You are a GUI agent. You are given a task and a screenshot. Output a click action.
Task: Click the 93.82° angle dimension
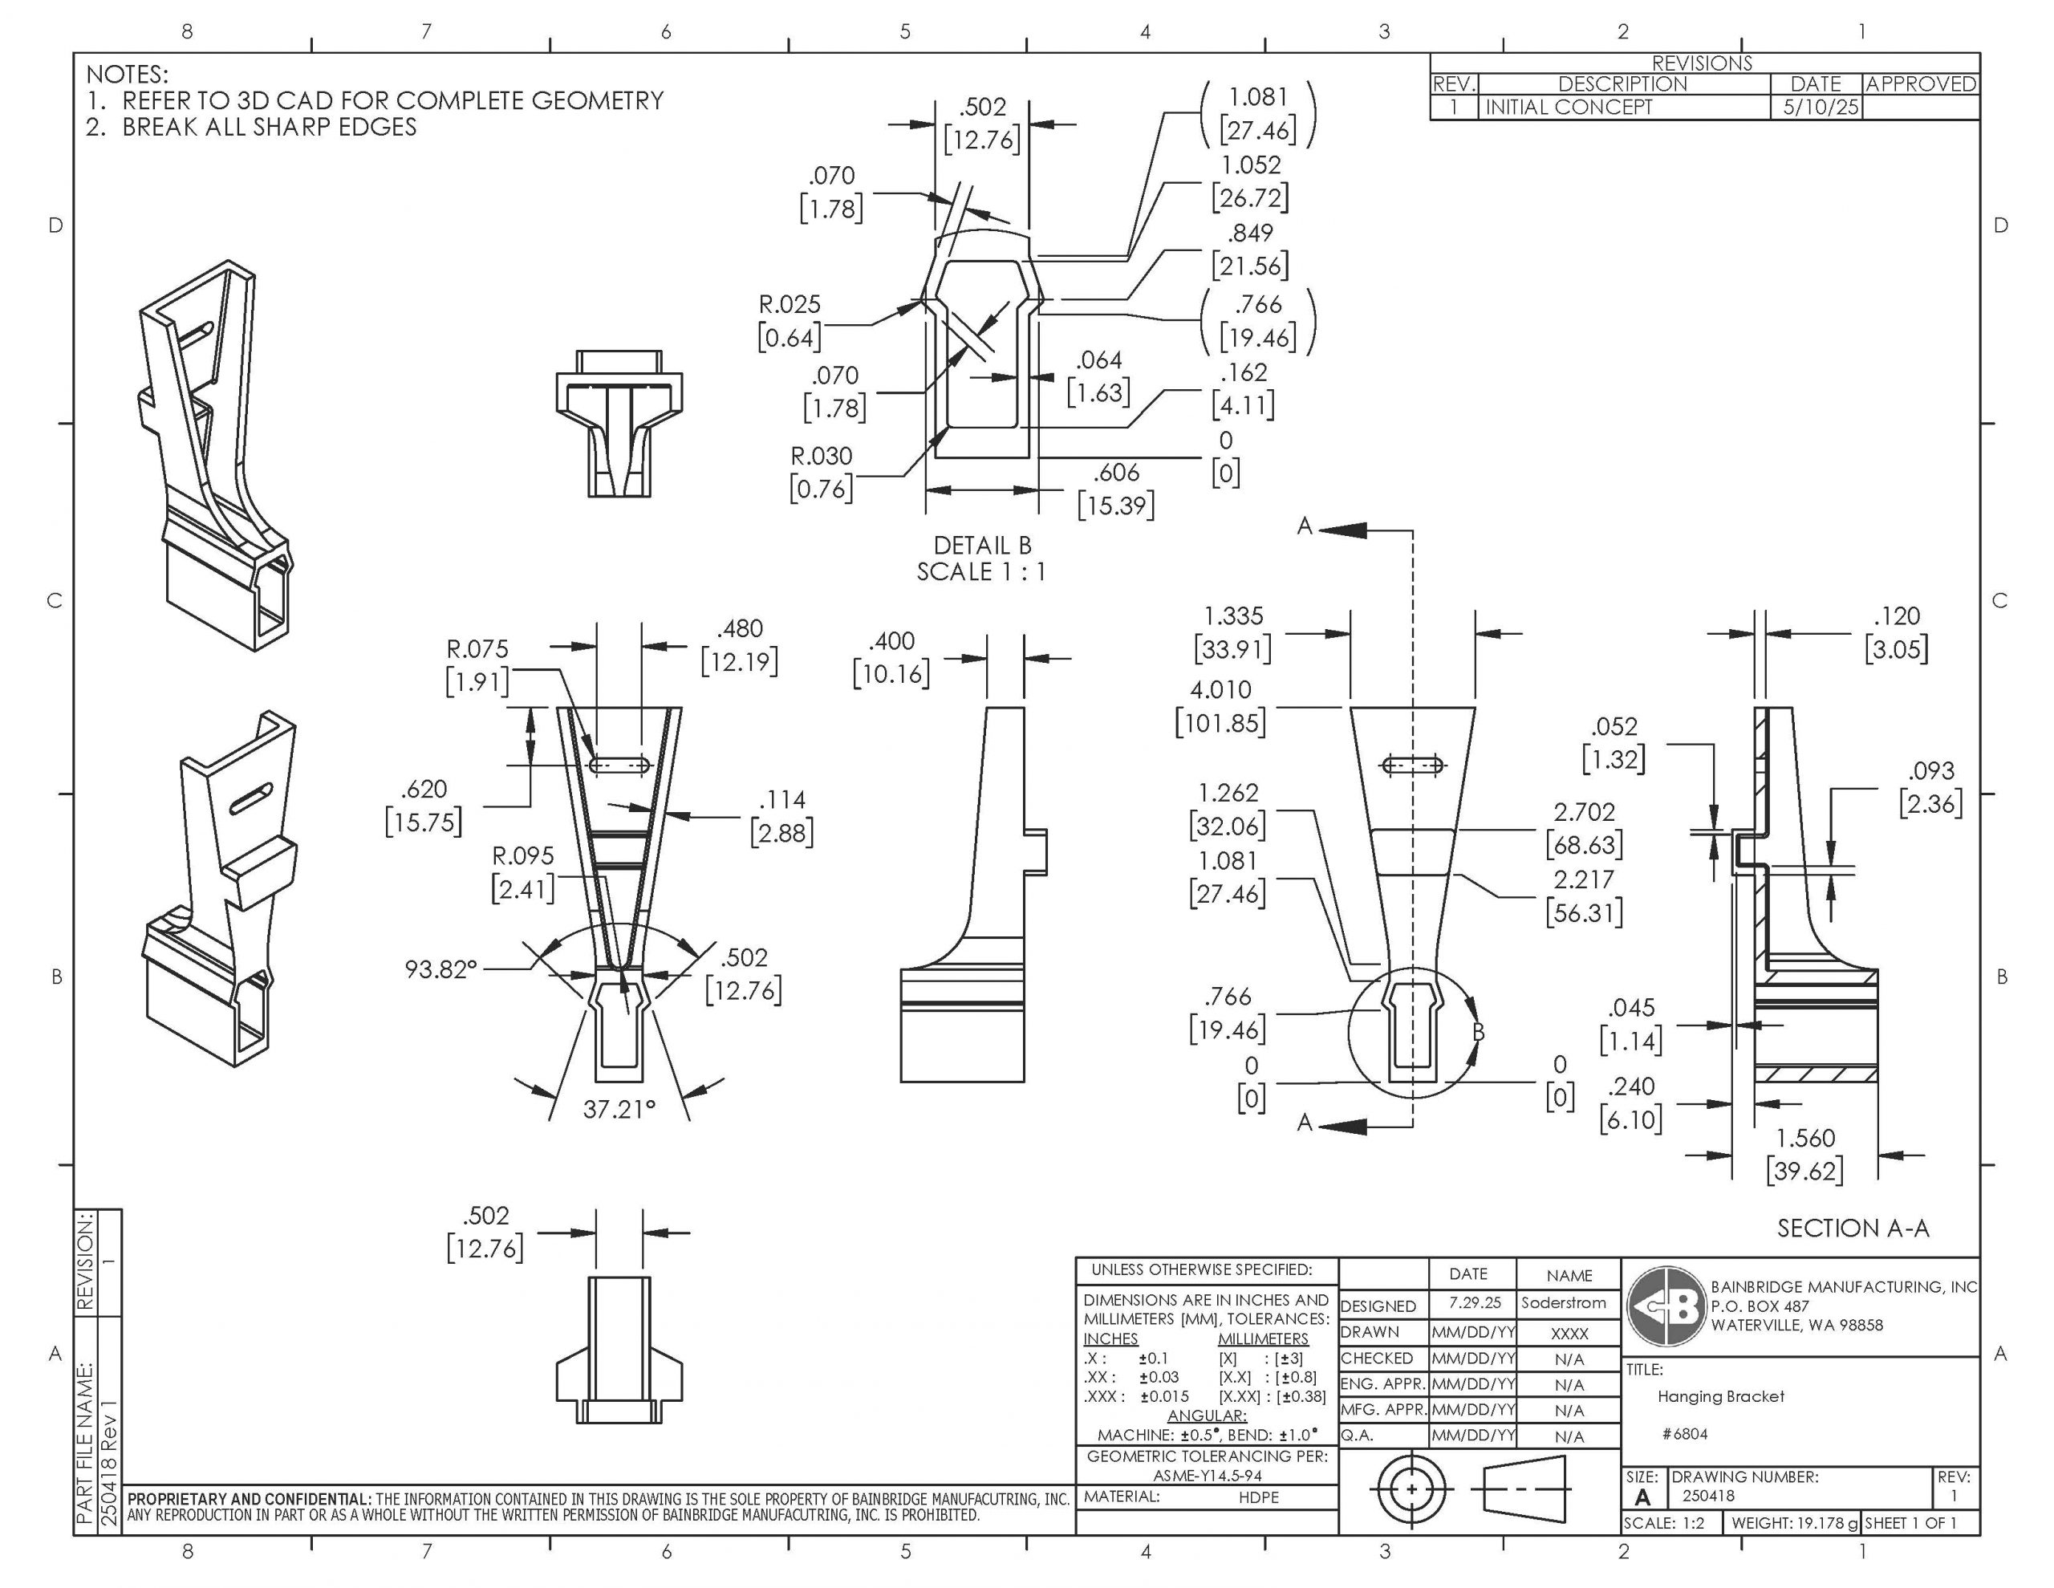[441, 969]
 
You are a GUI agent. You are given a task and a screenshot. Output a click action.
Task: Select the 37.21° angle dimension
[618, 1109]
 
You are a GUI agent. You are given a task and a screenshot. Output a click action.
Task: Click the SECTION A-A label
[1852, 1228]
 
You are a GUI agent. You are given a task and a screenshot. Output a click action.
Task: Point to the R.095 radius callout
[523, 856]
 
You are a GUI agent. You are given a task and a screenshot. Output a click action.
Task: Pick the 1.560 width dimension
[1804, 1139]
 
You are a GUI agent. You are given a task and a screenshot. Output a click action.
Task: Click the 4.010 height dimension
[1220, 689]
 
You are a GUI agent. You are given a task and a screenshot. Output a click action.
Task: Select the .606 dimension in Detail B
[1115, 473]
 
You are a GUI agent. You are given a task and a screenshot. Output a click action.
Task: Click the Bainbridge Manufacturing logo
[1666, 1306]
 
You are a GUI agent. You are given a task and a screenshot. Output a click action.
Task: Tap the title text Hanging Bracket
[1720, 1397]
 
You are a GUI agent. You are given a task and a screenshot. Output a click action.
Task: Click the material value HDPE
[1258, 1497]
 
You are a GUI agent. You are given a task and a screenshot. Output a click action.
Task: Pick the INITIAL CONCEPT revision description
[1568, 108]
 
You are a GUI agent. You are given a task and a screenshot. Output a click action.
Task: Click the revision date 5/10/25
[1821, 108]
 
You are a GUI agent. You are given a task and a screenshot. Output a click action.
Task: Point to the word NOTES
[127, 75]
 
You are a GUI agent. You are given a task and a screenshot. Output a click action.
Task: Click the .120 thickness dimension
[1896, 617]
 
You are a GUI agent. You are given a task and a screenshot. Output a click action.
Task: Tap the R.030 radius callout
[821, 457]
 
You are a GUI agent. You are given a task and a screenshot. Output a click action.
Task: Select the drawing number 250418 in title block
[1708, 1496]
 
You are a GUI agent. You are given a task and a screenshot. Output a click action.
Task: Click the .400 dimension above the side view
[891, 642]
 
